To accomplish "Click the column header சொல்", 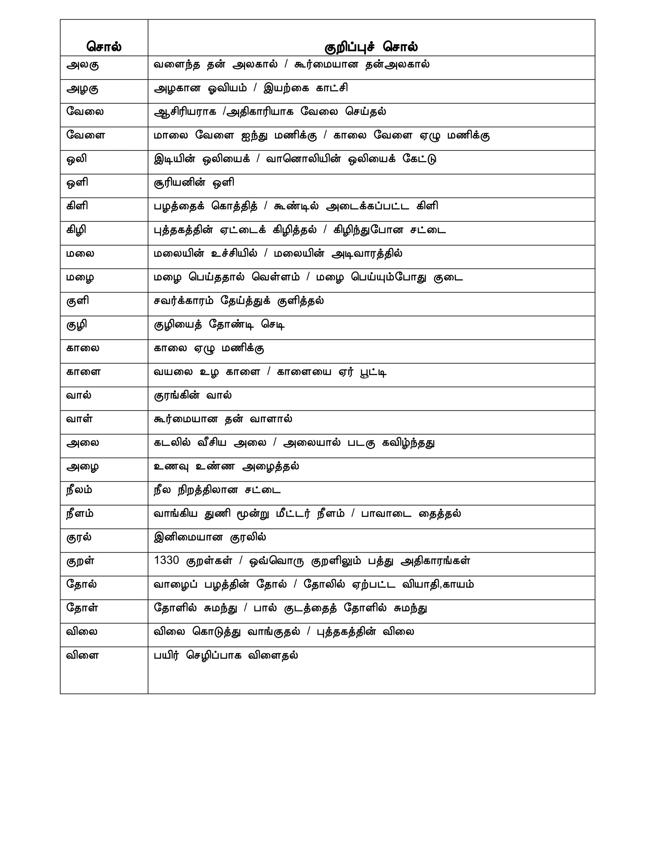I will [x=104, y=47].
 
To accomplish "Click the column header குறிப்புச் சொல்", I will [x=371, y=47].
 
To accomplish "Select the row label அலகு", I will [x=83, y=65].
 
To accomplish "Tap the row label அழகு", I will [x=83, y=89].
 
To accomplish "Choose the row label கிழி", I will [x=76, y=230].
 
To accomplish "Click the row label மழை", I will [x=80, y=277].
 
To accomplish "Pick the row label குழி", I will [x=76, y=325].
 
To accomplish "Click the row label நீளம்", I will [x=80, y=514].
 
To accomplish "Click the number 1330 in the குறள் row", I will [x=166, y=560].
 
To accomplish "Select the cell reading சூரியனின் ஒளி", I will [x=194, y=182].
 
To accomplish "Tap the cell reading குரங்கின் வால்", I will [x=193, y=396].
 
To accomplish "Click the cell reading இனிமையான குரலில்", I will [x=210, y=537].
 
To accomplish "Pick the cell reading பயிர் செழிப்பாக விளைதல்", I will [x=226, y=656].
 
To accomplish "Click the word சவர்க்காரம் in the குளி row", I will [x=184, y=301].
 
